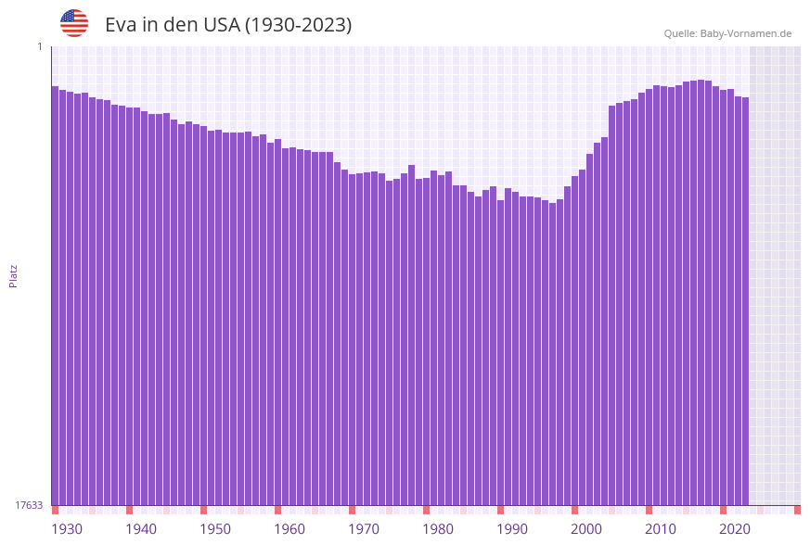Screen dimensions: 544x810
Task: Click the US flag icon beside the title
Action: pyautogui.click(x=74, y=23)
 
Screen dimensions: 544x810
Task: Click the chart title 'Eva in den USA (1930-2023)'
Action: pyautogui.click(x=228, y=25)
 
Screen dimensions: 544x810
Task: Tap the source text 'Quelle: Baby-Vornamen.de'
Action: pyautogui.click(x=727, y=33)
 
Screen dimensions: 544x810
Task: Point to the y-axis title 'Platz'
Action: pyautogui.click(x=13, y=275)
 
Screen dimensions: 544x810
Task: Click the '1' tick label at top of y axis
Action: pyautogui.click(x=40, y=46)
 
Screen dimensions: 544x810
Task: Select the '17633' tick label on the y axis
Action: pyautogui.click(x=29, y=505)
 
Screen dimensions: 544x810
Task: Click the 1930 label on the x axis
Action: pyautogui.click(x=67, y=529)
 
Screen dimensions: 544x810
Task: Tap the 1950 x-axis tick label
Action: pyautogui.click(x=215, y=529)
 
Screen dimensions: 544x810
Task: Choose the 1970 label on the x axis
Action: pyautogui.click(x=364, y=529)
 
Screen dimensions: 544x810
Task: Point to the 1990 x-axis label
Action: pyautogui.click(x=512, y=529)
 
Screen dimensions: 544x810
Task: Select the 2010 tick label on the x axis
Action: pyautogui.click(x=661, y=529)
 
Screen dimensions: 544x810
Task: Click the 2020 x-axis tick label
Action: pyautogui.click(x=735, y=529)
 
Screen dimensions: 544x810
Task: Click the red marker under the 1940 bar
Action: pyautogui.click(x=129, y=510)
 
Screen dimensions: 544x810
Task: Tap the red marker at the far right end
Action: pyautogui.click(x=797, y=510)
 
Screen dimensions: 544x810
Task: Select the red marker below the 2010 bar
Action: pyautogui.click(x=649, y=510)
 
